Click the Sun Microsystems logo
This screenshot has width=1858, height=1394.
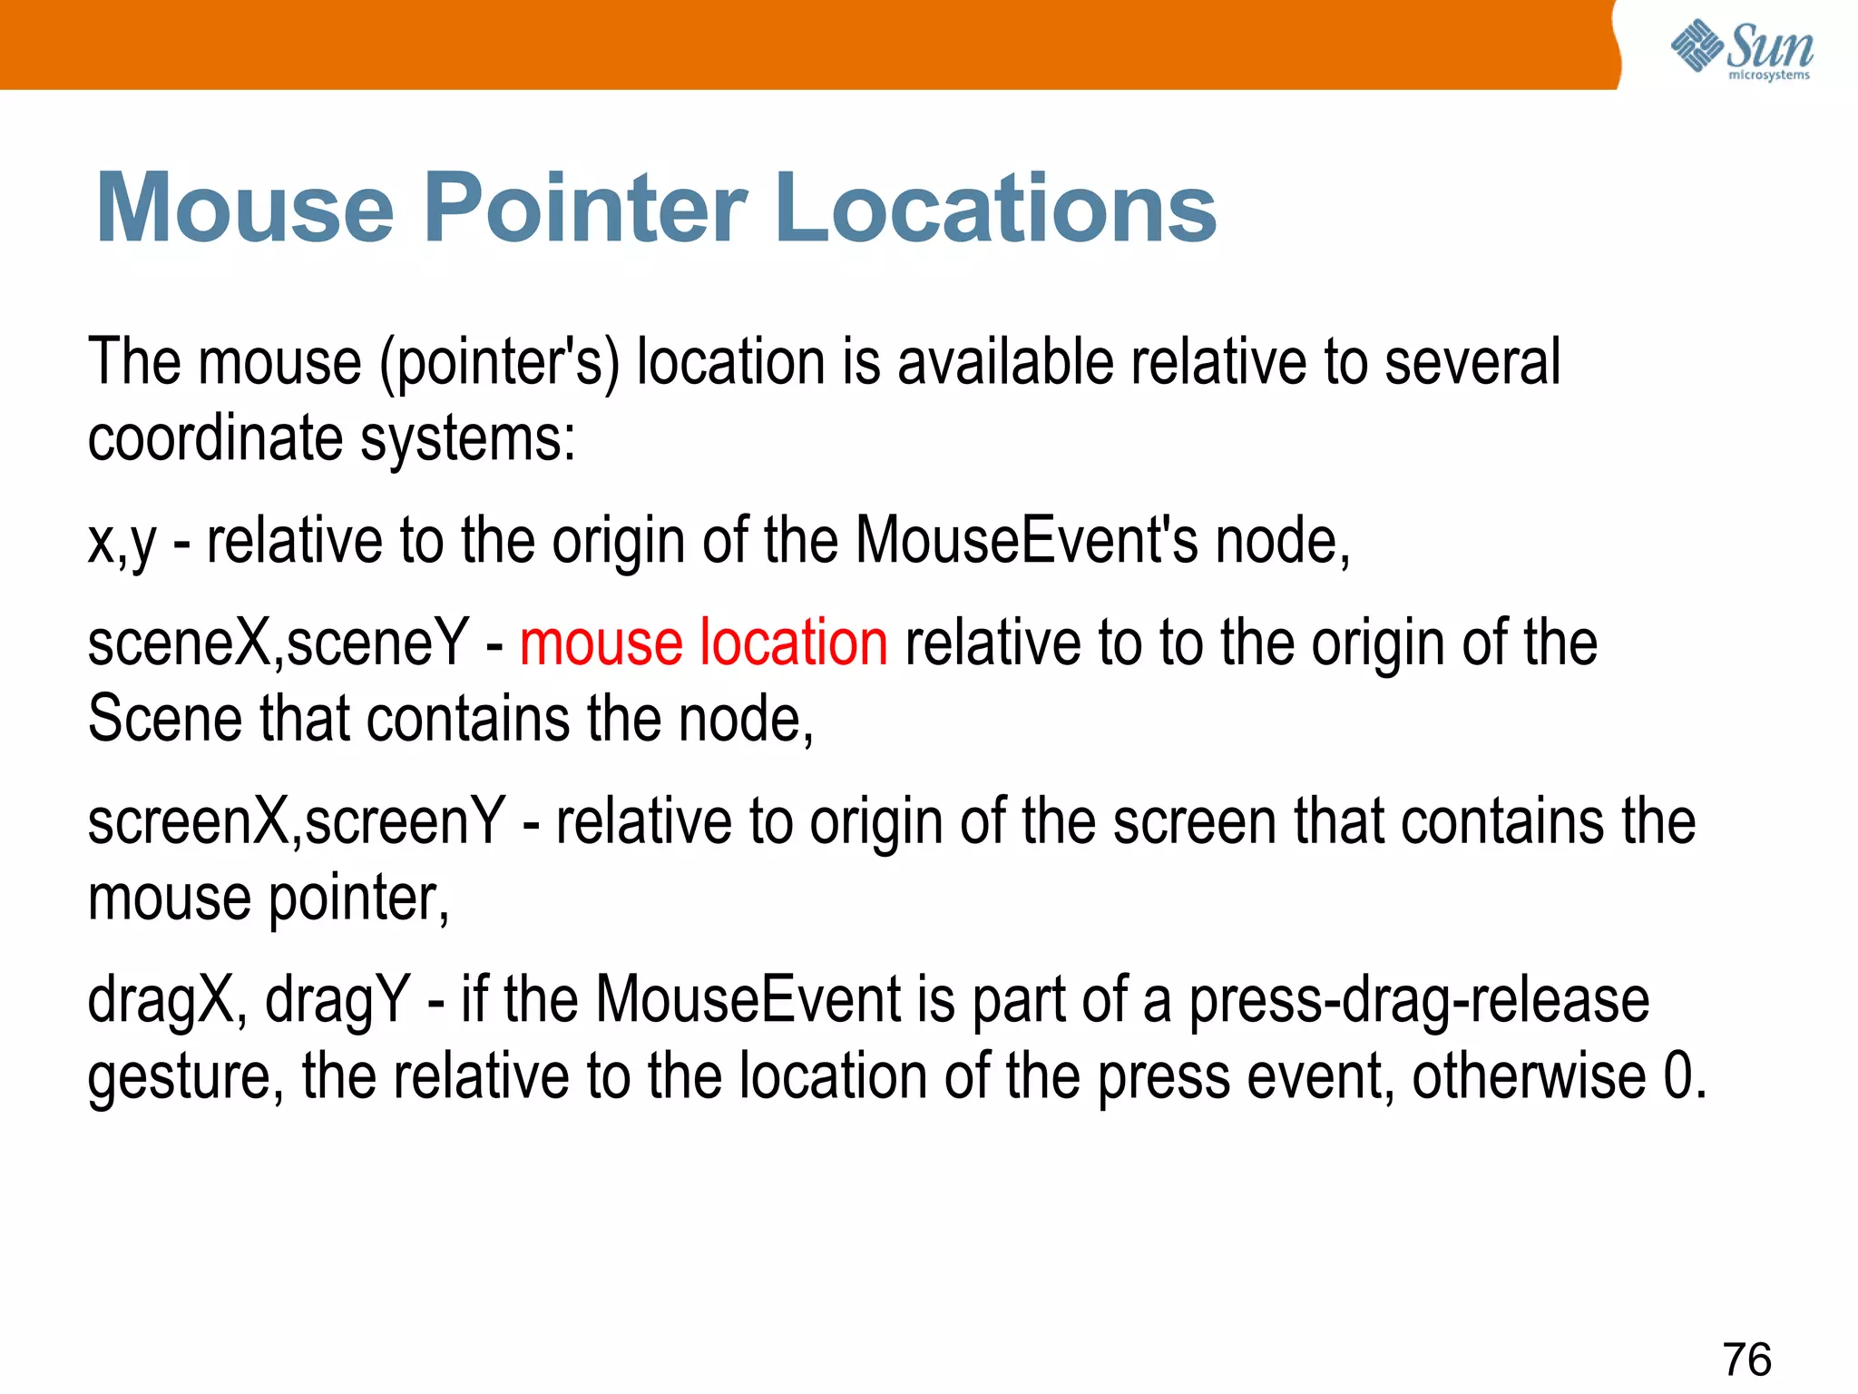(x=1741, y=50)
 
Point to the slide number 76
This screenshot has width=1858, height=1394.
(x=1746, y=1360)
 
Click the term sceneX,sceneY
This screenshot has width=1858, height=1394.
(x=278, y=643)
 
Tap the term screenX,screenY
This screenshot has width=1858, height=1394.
(x=296, y=821)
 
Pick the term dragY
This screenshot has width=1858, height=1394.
(x=337, y=1000)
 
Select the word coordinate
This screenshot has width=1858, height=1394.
(x=215, y=438)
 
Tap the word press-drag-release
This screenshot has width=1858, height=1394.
(x=1419, y=1000)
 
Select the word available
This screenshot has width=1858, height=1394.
(x=1005, y=361)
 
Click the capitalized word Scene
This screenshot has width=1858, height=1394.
(x=164, y=719)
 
